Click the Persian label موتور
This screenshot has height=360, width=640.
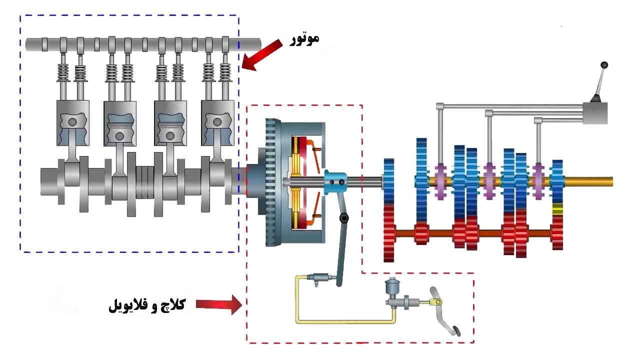coord(305,39)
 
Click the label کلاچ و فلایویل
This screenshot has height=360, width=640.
coord(146,304)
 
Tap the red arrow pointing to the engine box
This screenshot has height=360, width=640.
coord(263,54)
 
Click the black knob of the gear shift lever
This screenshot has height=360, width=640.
coord(604,65)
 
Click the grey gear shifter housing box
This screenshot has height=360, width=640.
coord(595,112)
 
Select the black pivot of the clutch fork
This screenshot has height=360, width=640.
coord(343,218)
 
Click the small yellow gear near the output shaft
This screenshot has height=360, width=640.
coord(557,209)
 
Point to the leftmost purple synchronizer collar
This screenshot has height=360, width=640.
coord(440,181)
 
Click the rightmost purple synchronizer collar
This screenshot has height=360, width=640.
coord(538,181)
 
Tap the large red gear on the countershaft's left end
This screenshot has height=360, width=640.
coord(389,232)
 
